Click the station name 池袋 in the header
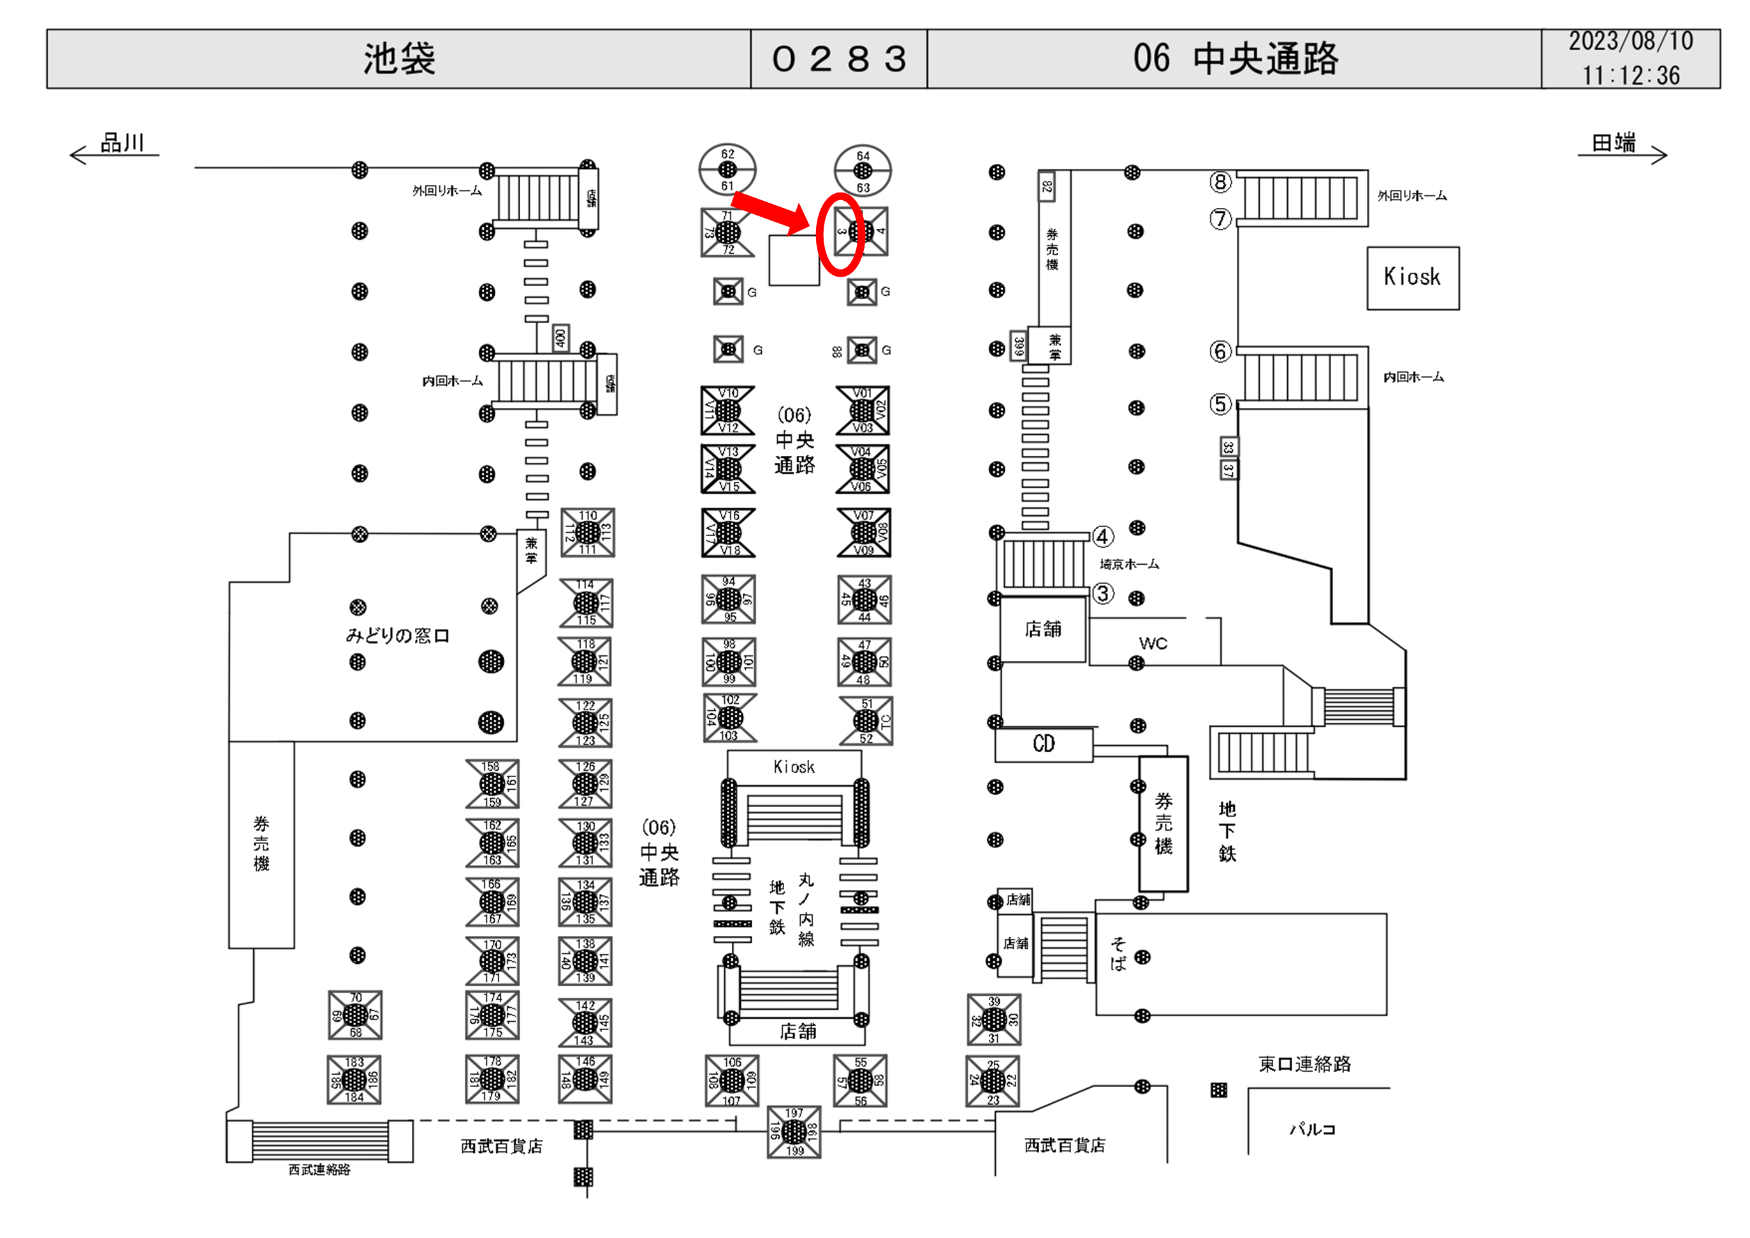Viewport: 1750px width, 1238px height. pyautogui.click(x=398, y=59)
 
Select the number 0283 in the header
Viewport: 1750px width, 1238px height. pyautogui.click(x=838, y=59)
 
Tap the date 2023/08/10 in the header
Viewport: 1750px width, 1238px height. pyautogui.click(x=1630, y=41)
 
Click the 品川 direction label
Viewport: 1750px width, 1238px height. pyautogui.click(x=122, y=143)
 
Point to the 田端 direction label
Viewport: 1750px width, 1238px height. pyautogui.click(x=1614, y=143)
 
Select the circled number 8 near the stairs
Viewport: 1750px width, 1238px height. pyautogui.click(x=1220, y=182)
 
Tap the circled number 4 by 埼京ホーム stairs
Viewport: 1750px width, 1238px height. pyautogui.click(x=1102, y=537)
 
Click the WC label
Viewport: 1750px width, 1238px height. pyautogui.click(x=1153, y=643)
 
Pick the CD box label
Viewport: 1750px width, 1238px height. pyautogui.click(x=1044, y=744)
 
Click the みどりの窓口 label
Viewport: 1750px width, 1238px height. pyautogui.click(x=397, y=635)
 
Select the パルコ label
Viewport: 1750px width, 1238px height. pyautogui.click(x=1313, y=1129)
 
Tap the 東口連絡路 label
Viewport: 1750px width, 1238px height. pyautogui.click(x=1304, y=1064)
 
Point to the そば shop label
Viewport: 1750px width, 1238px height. pyautogui.click(x=1118, y=954)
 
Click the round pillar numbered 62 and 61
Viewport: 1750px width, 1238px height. pyautogui.click(x=728, y=169)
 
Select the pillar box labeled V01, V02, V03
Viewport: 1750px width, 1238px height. pyautogui.click(x=862, y=410)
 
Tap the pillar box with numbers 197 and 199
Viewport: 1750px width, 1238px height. pyautogui.click(x=794, y=1132)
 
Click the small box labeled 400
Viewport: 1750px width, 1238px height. pyautogui.click(x=560, y=338)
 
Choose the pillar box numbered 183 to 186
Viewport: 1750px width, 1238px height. pyautogui.click(x=354, y=1079)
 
